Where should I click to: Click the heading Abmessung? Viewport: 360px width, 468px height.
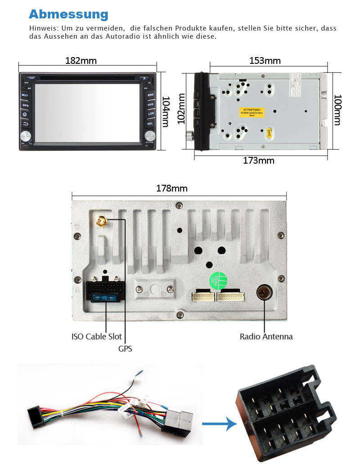68,14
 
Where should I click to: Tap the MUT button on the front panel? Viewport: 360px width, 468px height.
25,95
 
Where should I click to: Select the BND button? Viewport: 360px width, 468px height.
150,95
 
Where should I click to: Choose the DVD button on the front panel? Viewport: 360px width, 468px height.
150,105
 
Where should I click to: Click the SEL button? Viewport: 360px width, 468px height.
150,123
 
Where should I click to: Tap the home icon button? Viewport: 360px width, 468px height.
25,114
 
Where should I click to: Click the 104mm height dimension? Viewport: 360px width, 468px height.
165,111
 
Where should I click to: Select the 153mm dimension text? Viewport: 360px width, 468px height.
265,61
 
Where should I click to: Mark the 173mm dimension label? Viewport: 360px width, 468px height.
259,160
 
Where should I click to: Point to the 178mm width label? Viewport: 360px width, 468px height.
171,188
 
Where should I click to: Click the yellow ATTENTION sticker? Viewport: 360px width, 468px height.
252,112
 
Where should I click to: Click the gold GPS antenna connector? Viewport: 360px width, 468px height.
102,221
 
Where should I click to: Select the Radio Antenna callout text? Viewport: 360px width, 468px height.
266,336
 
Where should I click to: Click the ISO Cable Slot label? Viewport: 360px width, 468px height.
96,336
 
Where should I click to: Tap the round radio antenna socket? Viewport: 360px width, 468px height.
263,293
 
